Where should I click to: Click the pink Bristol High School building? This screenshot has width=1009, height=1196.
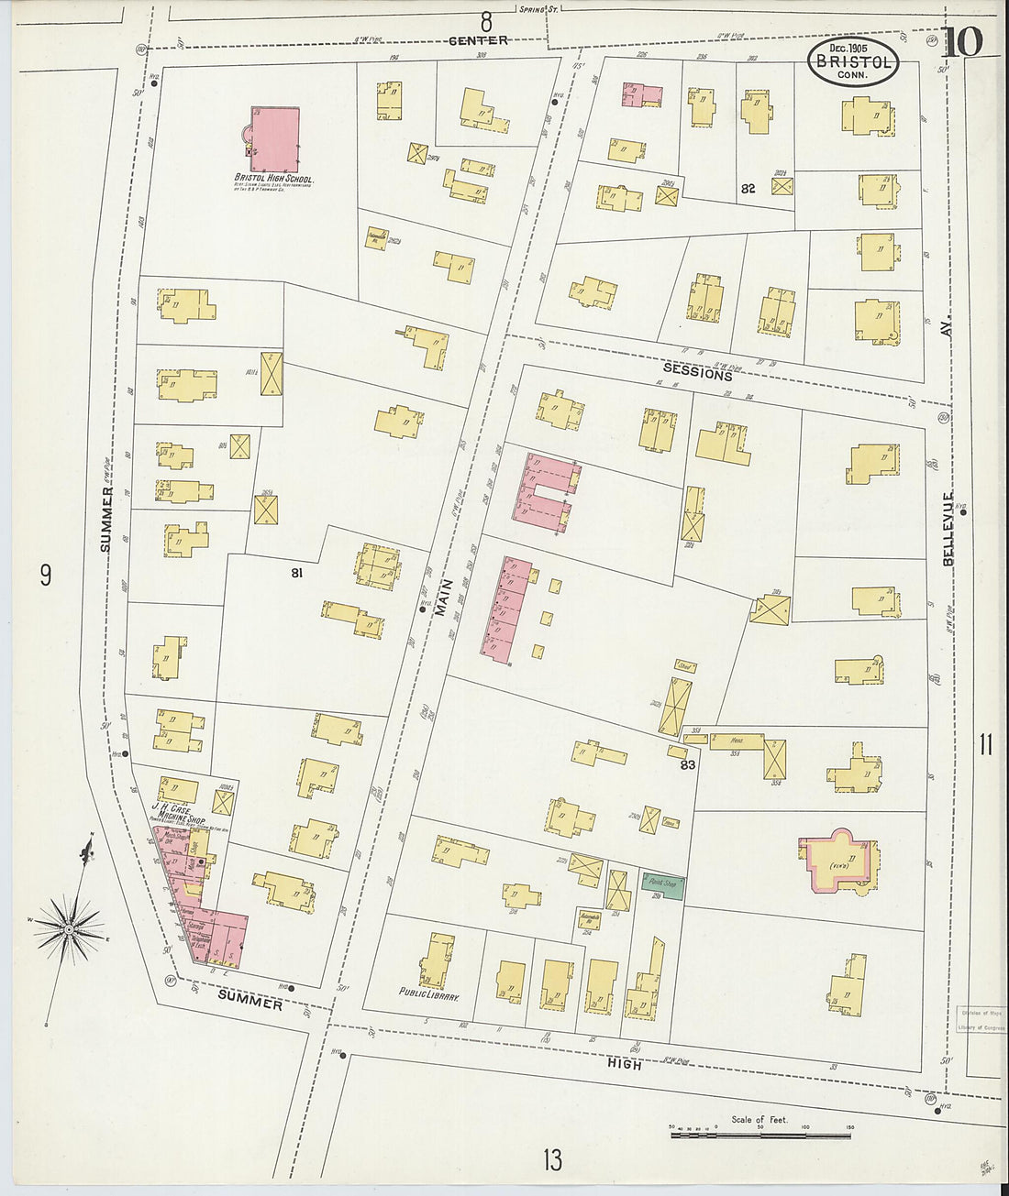click(x=274, y=139)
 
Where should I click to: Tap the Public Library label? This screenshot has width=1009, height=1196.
click(x=428, y=993)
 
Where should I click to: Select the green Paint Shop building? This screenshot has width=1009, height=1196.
click(x=662, y=884)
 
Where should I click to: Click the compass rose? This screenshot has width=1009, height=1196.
click(x=69, y=930)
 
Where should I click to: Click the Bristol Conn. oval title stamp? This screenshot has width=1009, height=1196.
click(x=853, y=61)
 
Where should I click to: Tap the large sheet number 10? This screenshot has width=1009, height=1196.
click(x=960, y=42)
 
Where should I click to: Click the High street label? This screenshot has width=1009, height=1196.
click(x=624, y=1064)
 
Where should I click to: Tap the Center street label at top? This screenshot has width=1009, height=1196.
click(x=478, y=40)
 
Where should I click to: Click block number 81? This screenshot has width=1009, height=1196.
click(x=296, y=573)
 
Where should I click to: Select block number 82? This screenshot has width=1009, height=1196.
click(x=748, y=188)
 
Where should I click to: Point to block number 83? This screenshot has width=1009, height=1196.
click(x=688, y=764)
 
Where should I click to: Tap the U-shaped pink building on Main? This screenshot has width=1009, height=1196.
click(x=547, y=490)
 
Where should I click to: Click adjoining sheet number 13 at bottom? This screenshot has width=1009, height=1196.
click(x=551, y=1160)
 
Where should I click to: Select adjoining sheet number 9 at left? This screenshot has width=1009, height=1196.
click(x=46, y=576)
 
